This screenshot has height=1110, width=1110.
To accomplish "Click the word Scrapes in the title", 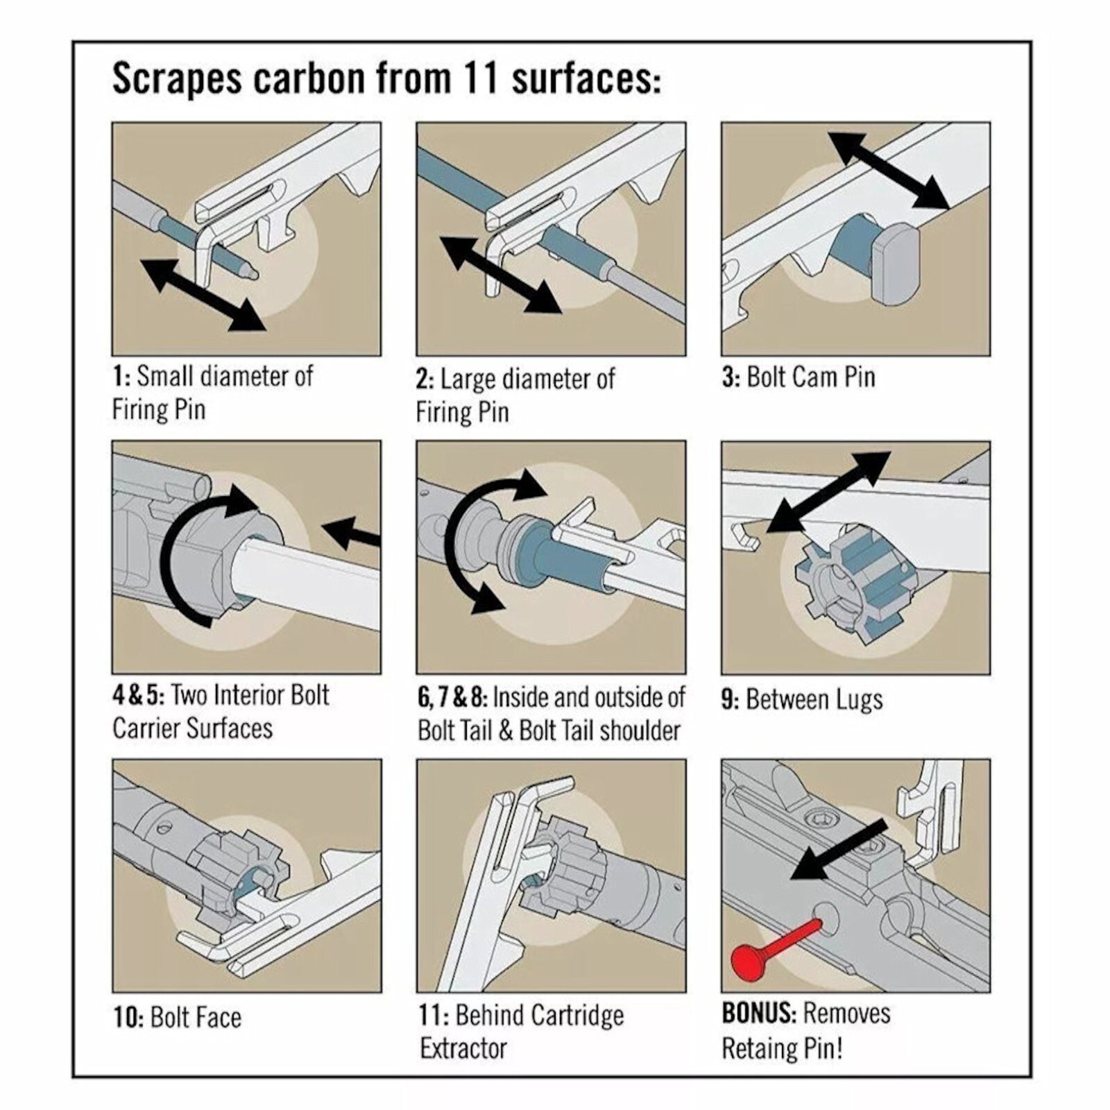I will tap(178, 79).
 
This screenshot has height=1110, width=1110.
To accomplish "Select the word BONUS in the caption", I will tap(759, 1014).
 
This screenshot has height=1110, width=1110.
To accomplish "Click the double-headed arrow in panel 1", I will tap(203, 294).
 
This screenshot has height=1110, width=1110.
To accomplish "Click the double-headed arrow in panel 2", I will tap(500, 274).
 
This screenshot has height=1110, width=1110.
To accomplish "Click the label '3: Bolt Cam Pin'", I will tap(799, 377).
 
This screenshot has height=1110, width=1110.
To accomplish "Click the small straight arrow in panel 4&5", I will tap(352, 534).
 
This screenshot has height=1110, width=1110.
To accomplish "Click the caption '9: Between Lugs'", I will tap(802, 699).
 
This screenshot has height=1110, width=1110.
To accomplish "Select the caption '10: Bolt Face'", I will tap(178, 1018).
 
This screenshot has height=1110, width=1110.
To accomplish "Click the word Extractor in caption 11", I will tap(463, 1048).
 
